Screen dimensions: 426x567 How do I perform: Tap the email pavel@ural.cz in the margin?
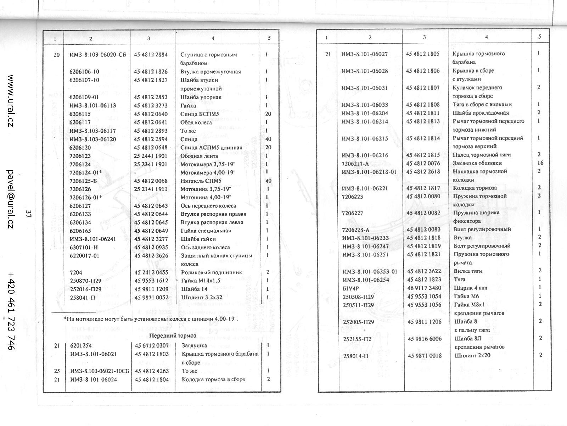(10, 199)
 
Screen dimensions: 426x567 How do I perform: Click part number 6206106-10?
(84, 72)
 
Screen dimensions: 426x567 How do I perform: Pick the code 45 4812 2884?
(151, 55)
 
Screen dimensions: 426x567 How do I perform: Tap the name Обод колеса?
(196, 122)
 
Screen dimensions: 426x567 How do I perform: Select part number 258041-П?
(83, 298)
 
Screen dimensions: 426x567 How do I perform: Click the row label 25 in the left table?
(57, 371)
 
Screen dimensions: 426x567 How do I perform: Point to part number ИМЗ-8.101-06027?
(364, 54)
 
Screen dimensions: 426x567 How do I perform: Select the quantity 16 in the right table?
(540, 163)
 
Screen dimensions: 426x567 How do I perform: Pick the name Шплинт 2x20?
(472, 355)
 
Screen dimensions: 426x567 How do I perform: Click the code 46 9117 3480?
(424, 288)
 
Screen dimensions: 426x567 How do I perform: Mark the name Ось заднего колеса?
(205, 247)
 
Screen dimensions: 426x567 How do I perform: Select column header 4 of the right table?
(486, 37)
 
